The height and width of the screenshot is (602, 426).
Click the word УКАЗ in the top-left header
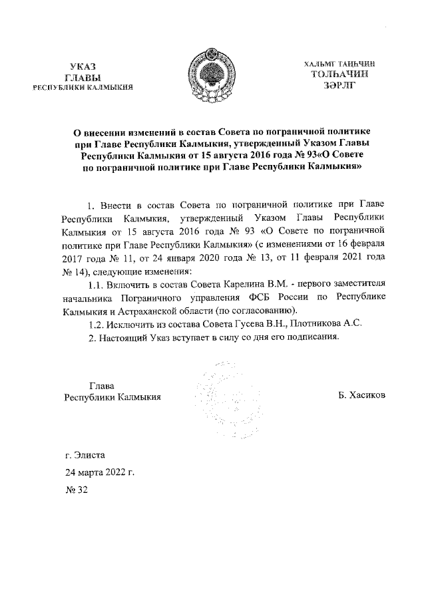[83, 67]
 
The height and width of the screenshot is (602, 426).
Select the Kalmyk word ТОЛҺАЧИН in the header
[339, 74]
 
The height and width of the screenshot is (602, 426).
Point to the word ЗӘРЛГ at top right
[339, 85]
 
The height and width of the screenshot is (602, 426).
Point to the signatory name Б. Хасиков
[362, 397]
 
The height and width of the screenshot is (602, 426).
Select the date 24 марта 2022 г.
[100, 473]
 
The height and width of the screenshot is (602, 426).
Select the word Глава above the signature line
[101, 385]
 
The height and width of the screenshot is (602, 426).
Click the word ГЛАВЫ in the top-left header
[83, 77]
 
